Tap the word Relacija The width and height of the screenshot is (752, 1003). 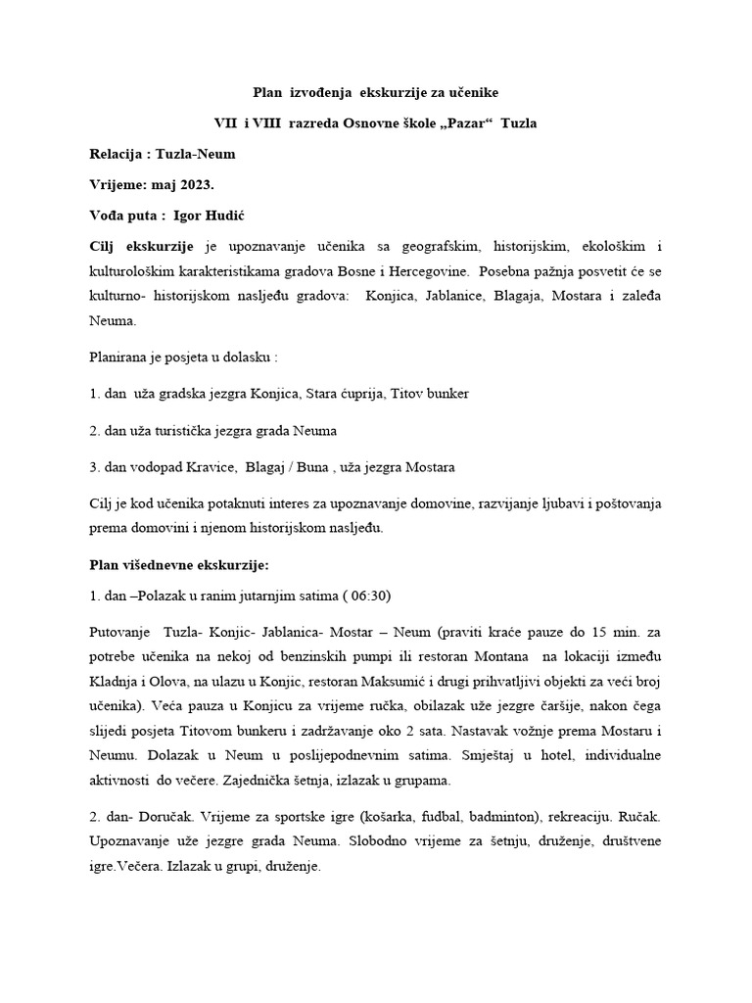pyautogui.click(x=115, y=154)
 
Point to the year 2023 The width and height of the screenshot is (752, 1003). pyautogui.click(x=191, y=185)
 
